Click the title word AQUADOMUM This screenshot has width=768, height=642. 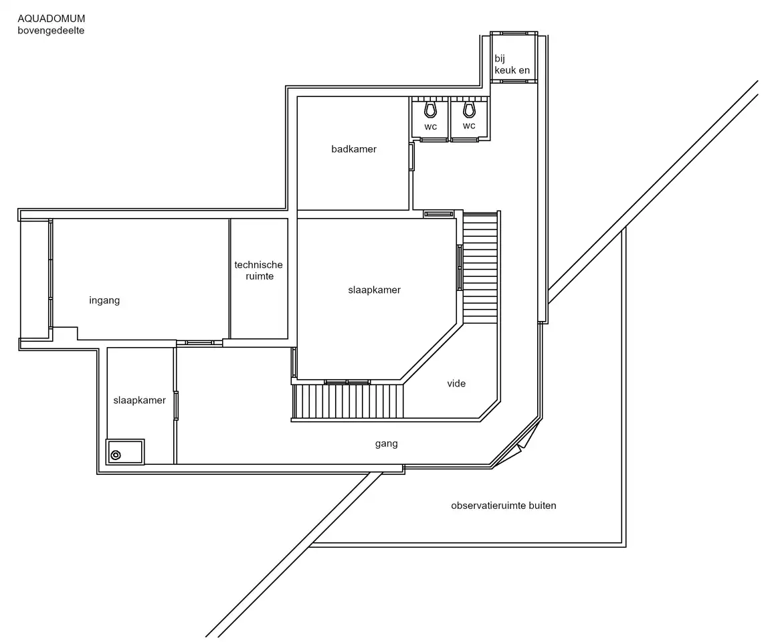52,19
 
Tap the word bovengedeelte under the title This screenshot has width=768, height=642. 51,30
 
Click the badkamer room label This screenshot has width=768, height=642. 354,149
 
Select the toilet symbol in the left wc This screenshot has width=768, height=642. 431,110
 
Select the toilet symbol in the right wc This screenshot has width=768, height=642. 469,109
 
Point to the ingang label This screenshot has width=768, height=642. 104,300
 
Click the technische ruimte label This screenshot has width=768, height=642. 259,270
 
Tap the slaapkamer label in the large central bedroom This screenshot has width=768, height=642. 374,290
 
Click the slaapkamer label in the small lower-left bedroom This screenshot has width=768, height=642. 140,400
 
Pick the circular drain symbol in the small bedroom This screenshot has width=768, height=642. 116,455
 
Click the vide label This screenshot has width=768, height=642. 456,383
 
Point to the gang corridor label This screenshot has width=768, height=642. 386,443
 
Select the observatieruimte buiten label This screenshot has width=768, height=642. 504,506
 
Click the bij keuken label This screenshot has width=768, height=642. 512,64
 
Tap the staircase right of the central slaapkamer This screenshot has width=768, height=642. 480,267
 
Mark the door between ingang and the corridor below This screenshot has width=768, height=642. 199,343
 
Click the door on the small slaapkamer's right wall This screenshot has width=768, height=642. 177,405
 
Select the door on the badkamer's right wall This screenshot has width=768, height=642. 412,156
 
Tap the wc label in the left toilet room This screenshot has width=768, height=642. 431,127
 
